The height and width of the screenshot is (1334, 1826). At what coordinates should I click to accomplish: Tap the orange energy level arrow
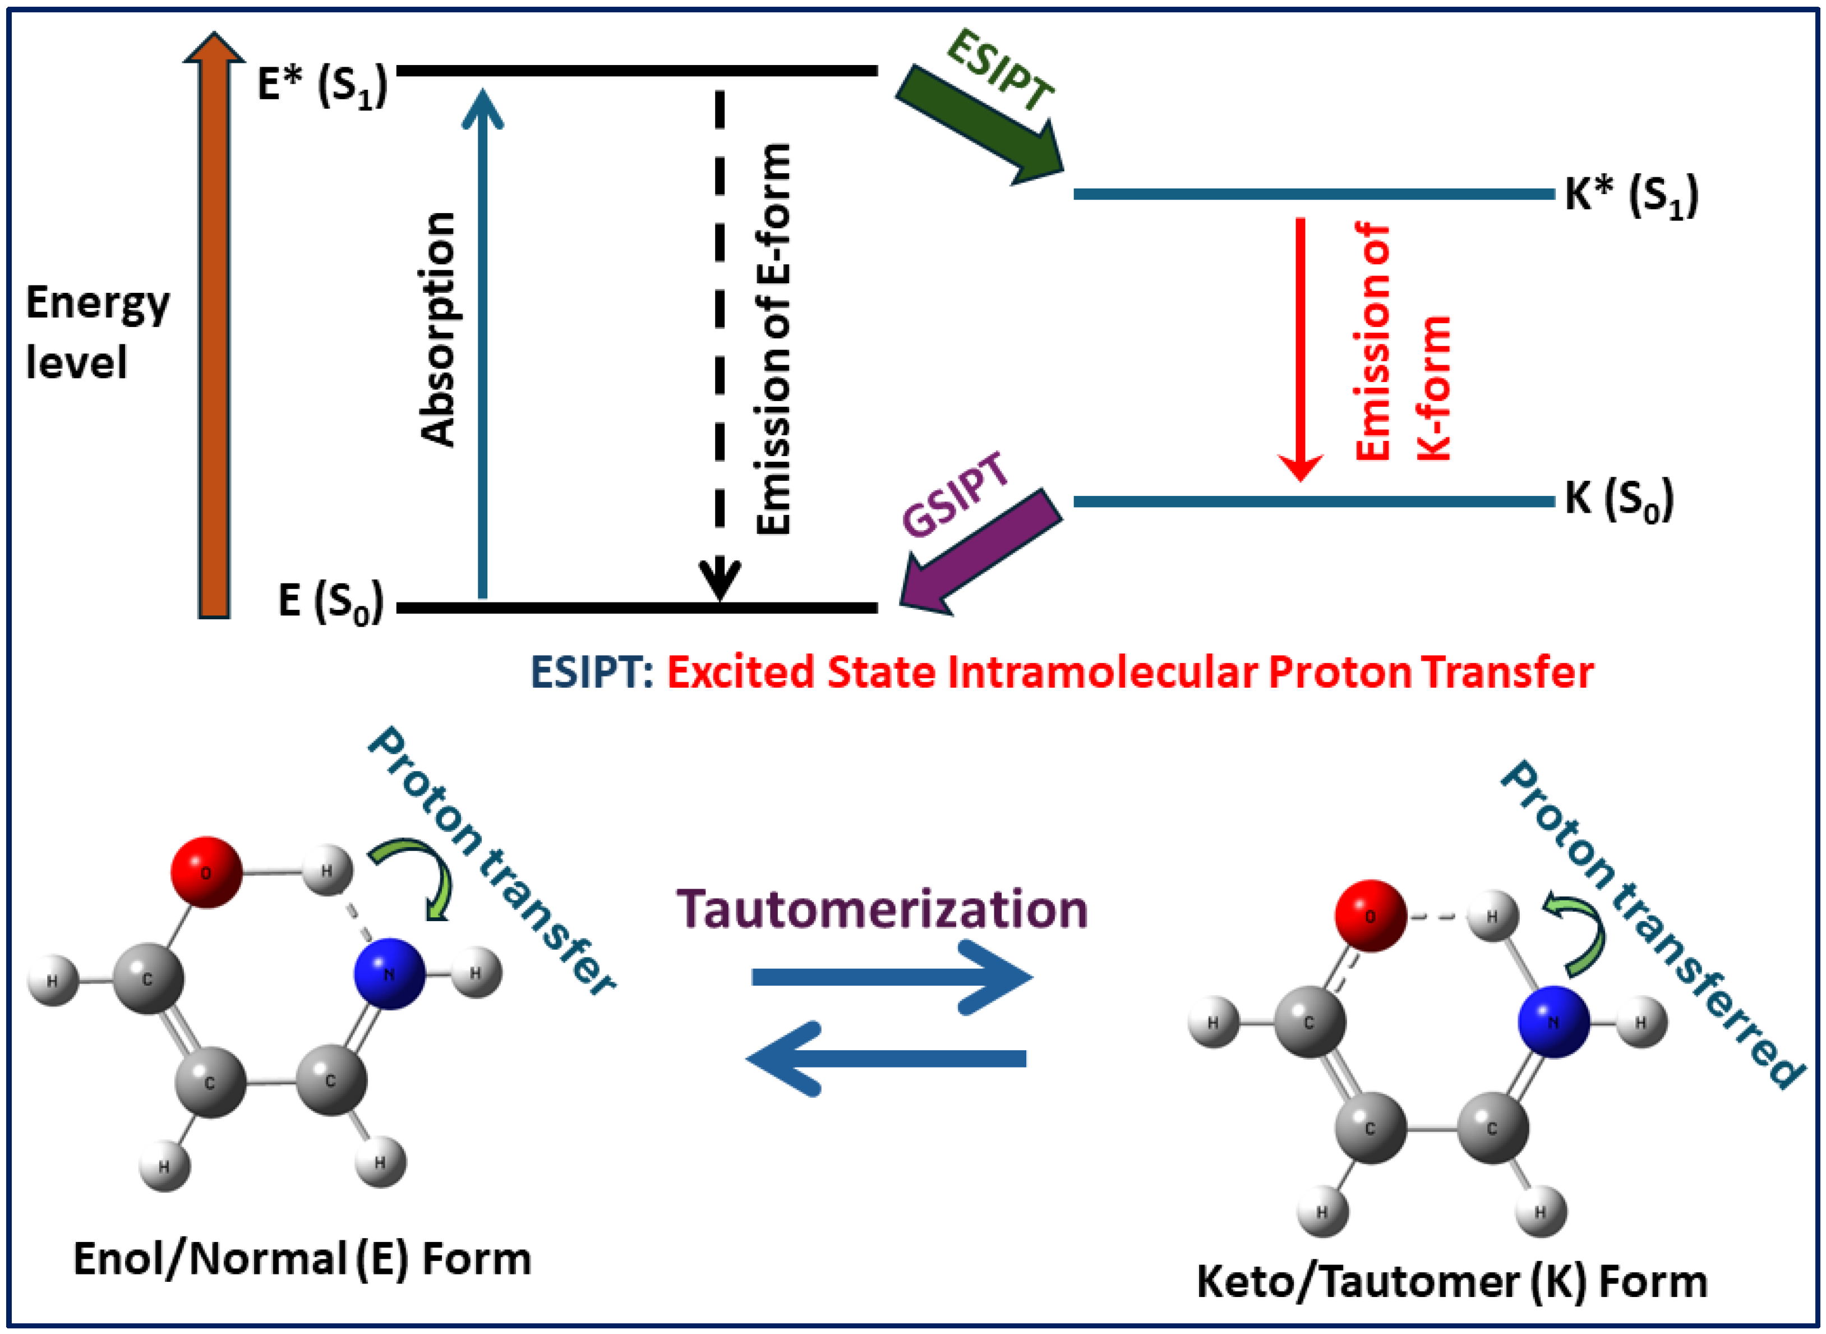click(214, 339)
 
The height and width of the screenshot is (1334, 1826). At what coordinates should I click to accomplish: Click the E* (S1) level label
click(322, 84)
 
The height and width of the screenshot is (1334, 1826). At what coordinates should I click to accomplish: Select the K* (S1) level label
click(1631, 195)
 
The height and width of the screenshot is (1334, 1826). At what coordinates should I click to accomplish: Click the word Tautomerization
click(882, 909)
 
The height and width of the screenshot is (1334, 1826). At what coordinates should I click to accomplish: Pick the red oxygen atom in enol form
click(206, 872)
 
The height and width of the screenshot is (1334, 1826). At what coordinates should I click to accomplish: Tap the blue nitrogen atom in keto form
click(1553, 1022)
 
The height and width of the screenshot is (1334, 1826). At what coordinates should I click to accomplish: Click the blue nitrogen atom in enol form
click(389, 973)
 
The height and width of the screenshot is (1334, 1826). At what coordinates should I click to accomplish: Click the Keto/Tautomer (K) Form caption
click(1451, 1281)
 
